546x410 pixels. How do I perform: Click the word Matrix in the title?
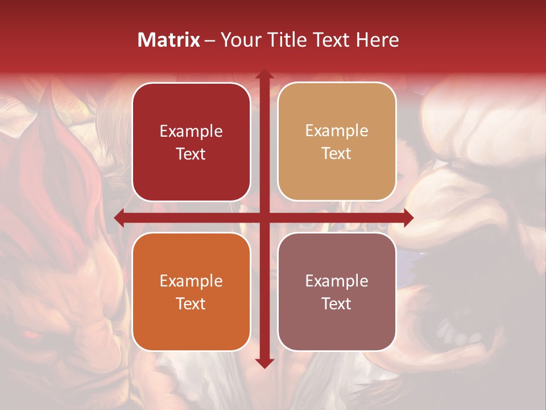point(168,40)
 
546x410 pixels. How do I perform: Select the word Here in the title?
point(378,40)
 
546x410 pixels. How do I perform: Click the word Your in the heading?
point(240,40)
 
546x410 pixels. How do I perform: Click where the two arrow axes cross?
point(264,218)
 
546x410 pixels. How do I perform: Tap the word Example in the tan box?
point(337,131)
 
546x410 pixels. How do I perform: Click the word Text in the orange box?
point(191,304)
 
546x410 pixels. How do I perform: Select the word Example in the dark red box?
point(191,132)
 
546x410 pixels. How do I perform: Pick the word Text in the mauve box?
point(337,304)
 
